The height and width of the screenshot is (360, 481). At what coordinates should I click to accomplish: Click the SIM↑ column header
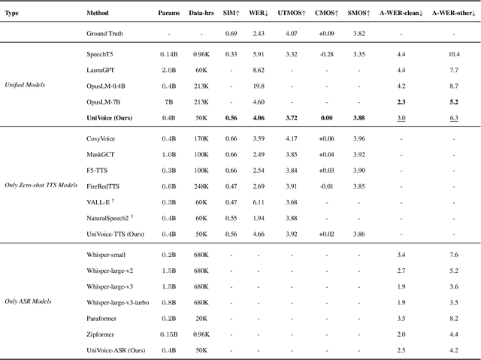pos(232,14)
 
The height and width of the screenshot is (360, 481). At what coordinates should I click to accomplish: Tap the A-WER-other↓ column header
pos(454,14)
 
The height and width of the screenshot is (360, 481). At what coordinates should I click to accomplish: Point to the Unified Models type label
pos(25,85)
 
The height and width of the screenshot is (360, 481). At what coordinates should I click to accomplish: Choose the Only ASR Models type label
pos(28,301)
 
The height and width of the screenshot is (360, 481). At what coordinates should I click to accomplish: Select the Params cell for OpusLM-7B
pos(169,101)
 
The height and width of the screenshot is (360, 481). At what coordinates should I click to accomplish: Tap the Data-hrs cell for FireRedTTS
pos(201,186)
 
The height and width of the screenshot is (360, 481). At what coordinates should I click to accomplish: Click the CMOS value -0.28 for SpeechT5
pos(326,54)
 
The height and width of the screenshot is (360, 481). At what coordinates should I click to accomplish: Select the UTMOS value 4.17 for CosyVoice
pos(292,138)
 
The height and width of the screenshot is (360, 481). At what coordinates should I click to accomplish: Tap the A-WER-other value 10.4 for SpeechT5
pos(454,54)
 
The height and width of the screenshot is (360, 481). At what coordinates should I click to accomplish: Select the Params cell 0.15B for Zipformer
pos(169,334)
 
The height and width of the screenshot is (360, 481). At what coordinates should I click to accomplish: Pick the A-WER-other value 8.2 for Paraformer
pos(454,318)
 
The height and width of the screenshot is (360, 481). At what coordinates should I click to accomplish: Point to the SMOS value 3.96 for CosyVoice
pos(359,138)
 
